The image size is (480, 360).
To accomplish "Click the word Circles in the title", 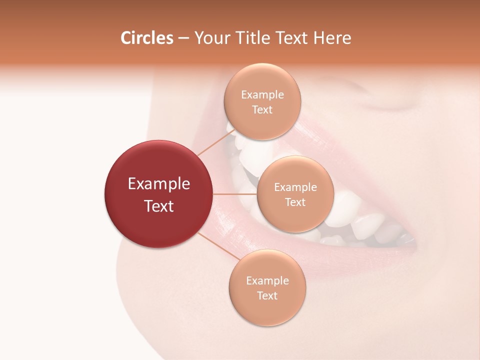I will (x=146, y=38).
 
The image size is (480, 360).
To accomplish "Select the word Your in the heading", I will (x=210, y=38).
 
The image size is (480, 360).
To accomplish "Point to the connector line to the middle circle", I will (x=234, y=194).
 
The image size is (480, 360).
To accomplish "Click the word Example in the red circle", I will (x=158, y=184).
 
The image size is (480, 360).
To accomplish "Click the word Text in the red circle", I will (x=158, y=206).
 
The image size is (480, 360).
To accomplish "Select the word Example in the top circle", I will (x=262, y=94).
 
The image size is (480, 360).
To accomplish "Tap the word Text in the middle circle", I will (x=295, y=202).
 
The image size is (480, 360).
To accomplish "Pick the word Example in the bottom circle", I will (x=267, y=280).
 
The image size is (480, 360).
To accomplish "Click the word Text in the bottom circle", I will (x=267, y=295).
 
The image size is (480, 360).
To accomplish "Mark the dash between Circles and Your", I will (x=183, y=38).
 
